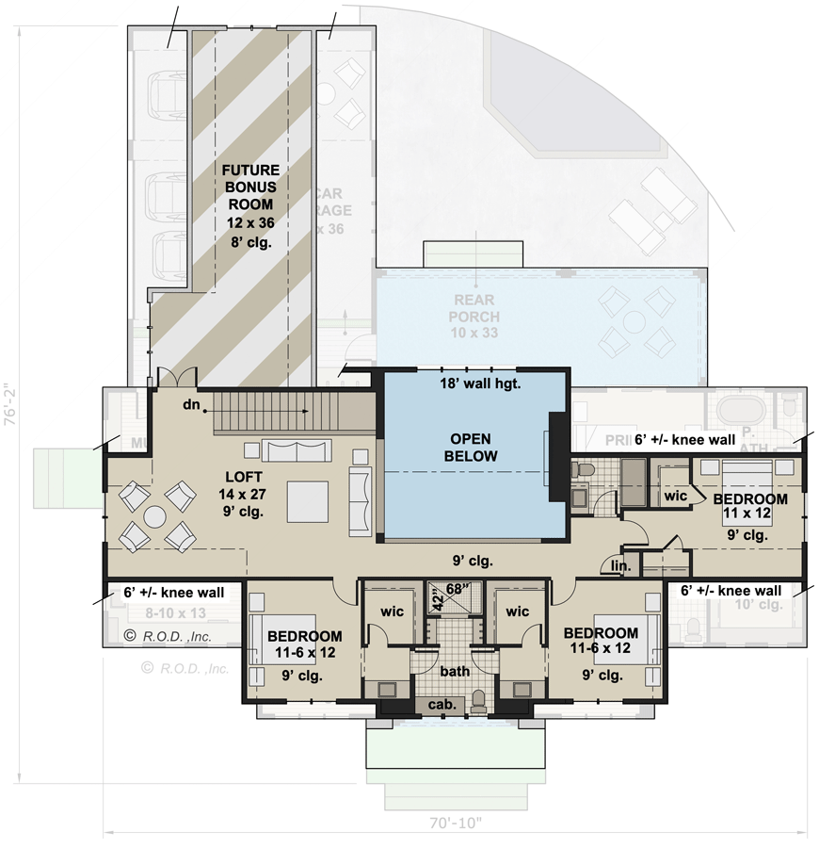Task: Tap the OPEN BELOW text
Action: [x=472, y=448]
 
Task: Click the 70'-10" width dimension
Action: [x=455, y=823]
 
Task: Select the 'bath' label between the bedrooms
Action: [x=455, y=671]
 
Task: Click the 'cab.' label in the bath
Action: [x=443, y=704]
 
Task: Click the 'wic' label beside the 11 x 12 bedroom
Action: [x=674, y=494]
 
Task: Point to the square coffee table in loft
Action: [x=308, y=500]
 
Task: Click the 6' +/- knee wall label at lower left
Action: [x=173, y=593]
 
